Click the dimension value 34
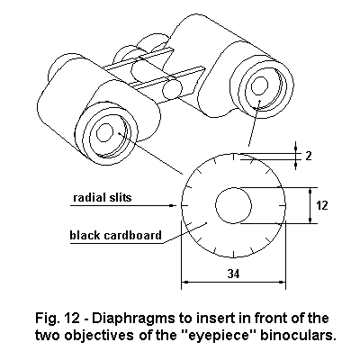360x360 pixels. pos(233,274)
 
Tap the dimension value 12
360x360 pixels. pos(322,205)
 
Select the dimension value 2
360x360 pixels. pos(309,156)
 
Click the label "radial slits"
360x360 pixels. pos(103,197)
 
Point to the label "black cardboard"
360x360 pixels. pos(116,235)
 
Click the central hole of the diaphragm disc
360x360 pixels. pos(233,205)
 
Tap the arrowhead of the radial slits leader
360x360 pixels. pos(172,205)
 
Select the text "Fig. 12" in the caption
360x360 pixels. pos(58,318)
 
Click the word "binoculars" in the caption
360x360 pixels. pos(297,336)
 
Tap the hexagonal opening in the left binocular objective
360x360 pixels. pos(104,132)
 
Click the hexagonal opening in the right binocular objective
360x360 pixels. pos(259,86)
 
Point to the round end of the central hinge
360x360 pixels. pos(172,89)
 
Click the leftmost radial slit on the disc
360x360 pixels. pos(185,205)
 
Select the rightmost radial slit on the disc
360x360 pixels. pos(282,205)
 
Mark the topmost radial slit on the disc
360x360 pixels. pos(234,157)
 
